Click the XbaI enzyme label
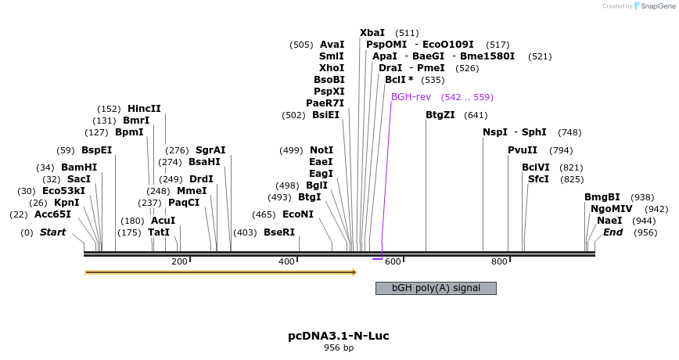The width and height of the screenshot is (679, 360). point(372,33)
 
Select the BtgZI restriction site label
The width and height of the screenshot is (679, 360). point(440,115)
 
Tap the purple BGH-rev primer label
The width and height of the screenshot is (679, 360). point(411,97)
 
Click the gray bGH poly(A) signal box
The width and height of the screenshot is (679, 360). point(436,288)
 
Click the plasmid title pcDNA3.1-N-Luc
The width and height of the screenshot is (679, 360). point(339,336)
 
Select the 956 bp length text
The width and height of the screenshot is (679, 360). point(339,348)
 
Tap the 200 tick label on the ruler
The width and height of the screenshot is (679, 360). point(179,261)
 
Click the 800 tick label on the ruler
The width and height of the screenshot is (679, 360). point(499,261)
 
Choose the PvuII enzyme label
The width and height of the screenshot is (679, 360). point(523,150)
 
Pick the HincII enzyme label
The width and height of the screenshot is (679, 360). point(144,109)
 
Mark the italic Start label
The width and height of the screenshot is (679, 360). point(52,232)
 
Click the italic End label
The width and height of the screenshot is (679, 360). point(613,232)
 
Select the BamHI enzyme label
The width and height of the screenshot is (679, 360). point(79,167)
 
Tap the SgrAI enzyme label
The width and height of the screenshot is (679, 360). point(210,150)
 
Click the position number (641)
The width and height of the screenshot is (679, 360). point(476,115)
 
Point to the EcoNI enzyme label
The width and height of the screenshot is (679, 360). point(297,214)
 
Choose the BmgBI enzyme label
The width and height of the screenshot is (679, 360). point(602,197)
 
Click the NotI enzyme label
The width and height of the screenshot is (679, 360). point(322,150)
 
